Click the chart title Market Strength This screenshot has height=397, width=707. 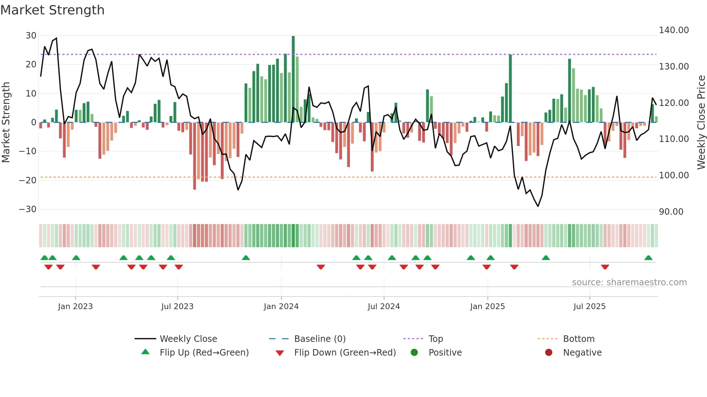tap(52, 10)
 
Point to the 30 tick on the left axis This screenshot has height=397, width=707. tap(31, 36)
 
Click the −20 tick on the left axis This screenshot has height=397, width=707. tap(28, 180)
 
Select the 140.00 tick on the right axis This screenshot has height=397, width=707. tap(674, 30)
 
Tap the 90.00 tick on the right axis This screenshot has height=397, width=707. tap(671, 212)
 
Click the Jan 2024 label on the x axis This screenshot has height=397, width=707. tap(281, 307)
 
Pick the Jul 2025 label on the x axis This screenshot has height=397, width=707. tap(589, 307)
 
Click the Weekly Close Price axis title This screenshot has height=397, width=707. tap(701, 122)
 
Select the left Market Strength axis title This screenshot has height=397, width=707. tap(6, 122)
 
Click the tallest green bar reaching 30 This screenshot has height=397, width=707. tap(293, 79)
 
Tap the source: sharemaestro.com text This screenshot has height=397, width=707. tap(629, 282)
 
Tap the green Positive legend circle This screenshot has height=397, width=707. tap(414, 353)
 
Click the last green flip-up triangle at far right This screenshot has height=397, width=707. tap(648, 258)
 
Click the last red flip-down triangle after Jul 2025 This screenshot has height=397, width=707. tap(605, 267)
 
